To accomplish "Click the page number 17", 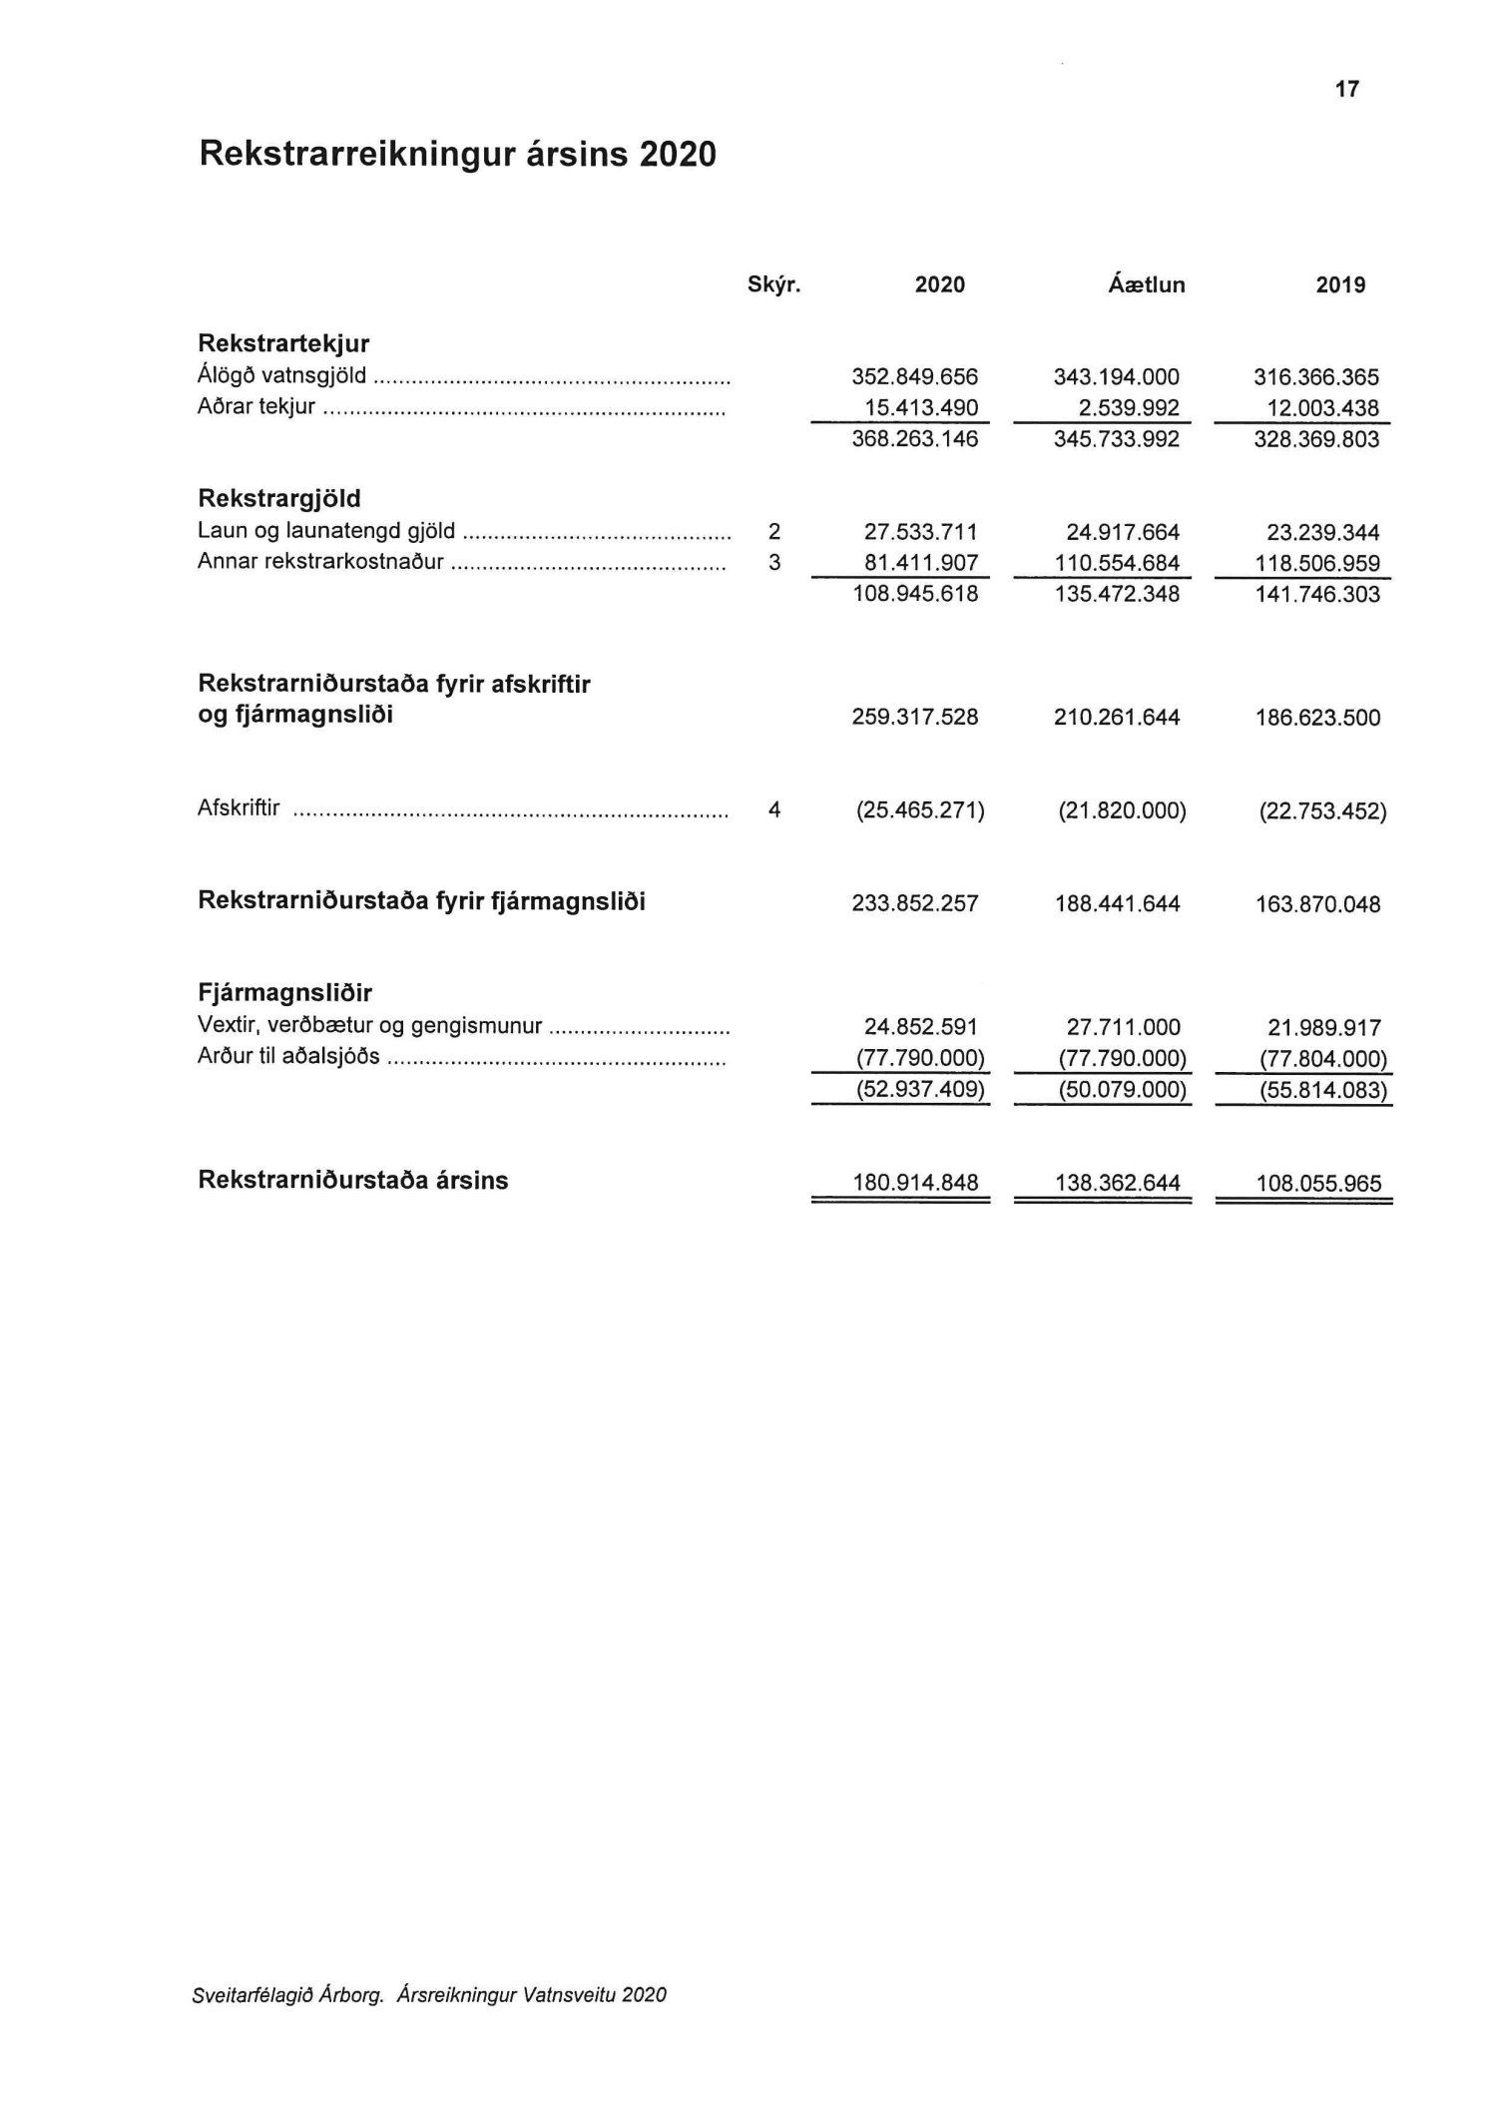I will tap(1346, 90).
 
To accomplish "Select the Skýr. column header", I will tap(774, 285).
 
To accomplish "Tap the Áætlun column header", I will tap(1147, 285).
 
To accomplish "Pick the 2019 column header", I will tap(1340, 285).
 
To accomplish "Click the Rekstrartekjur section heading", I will tap(283, 344).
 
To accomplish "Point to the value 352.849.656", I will tap(915, 377).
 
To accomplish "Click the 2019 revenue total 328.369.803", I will tap(1316, 439).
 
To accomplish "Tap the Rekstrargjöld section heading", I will tap(279, 498).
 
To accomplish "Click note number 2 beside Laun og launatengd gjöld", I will tap(774, 532).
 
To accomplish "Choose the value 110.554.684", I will tap(1117, 563).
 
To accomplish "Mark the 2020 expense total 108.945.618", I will tap(915, 595).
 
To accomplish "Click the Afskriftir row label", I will tap(239, 808).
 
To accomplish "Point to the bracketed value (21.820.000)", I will tap(1122, 811).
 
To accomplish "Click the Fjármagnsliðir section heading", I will tap(285, 993).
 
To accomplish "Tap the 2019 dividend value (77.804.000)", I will tap(1322, 1059).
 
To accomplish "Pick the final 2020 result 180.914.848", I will tap(915, 1184).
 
